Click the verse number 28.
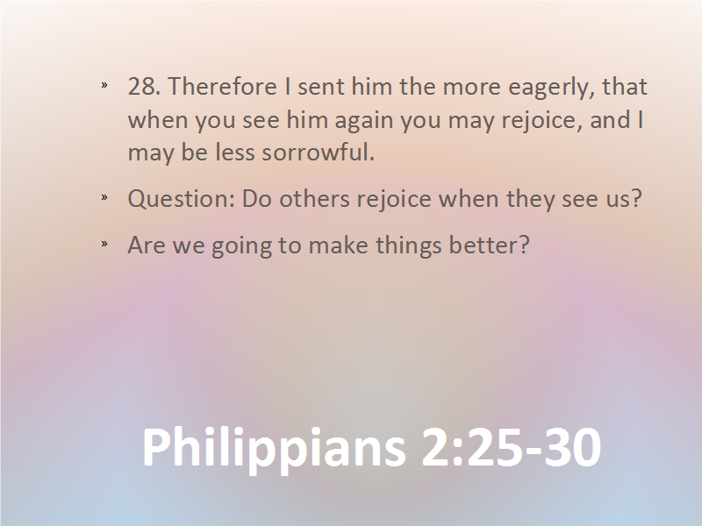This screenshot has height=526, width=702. coord(144,86)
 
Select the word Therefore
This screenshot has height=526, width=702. coord(222,86)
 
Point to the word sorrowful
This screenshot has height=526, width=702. coord(318,152)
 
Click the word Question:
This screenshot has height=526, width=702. coord(182,199)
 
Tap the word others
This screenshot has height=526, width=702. coord(314,198)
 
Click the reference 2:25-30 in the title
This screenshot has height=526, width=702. coord(512,447)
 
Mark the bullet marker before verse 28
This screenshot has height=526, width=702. coord(104,85)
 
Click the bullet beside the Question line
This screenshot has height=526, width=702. coord(104,197)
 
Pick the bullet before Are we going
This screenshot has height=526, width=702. coord(104,244)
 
